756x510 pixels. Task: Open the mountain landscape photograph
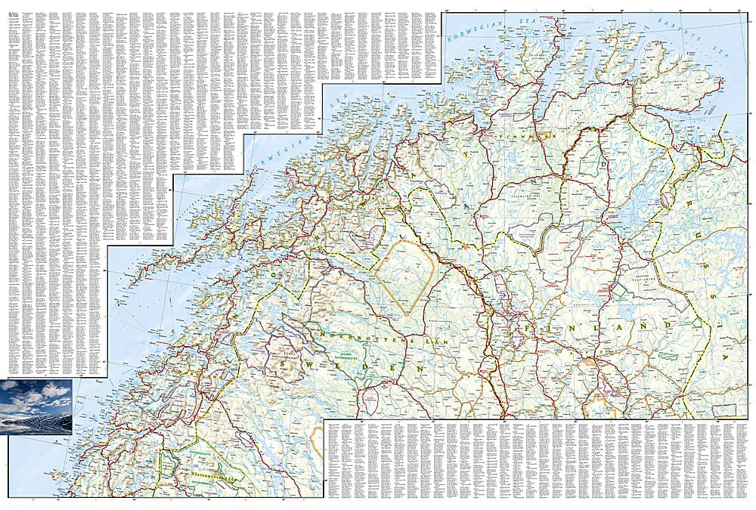tap(36, 407)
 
